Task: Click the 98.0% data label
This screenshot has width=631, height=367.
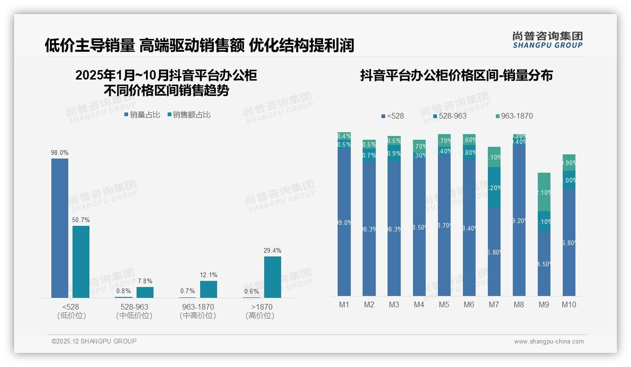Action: [x=60, y=152]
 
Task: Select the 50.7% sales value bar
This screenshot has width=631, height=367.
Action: [x=81, y=262]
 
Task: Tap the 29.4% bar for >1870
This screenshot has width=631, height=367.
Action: [x=272, y=277]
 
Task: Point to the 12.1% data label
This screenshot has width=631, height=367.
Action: [x=209, y=275]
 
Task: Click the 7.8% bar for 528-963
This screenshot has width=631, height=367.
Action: [x=145, y=292]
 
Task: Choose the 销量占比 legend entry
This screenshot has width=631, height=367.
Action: [x=142, y=115]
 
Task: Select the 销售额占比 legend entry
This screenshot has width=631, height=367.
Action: [x=189, y=115]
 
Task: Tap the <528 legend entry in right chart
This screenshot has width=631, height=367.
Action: [x=392, y=116]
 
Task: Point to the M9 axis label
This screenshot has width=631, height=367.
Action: [x=544, y=304]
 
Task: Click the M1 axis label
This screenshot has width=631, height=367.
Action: [x=344, y=304]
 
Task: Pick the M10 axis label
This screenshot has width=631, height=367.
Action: [x=569, y=304]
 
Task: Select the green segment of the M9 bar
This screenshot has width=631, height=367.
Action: [x=544, y=192]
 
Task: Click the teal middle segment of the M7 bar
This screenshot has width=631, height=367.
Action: [x=494, y=187]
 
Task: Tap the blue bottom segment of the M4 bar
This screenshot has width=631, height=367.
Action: [x=419, y=226]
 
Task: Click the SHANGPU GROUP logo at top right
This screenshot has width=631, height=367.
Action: [x=548, y=40]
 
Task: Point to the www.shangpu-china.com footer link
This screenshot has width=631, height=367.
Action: [x=549, y=342]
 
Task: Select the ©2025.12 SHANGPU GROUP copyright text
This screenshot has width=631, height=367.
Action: [x=94, y=341]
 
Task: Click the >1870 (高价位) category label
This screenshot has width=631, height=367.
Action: [x=259, y=311]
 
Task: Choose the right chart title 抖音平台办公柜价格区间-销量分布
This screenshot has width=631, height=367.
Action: [x=456, y=75]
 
